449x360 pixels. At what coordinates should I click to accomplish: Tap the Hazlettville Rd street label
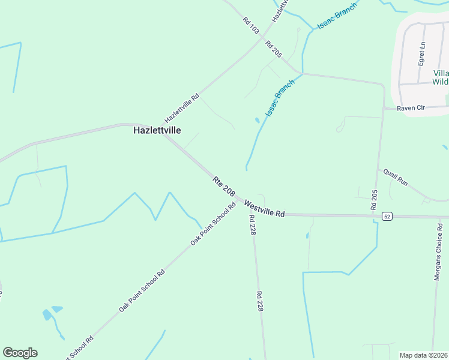(182, 109)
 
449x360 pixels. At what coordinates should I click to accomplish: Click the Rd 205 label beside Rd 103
(273, 49)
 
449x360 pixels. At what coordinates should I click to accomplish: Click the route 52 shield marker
(387, 216)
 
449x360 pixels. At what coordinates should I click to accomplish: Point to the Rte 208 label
(223, 185)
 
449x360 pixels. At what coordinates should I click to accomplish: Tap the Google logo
(20, 353)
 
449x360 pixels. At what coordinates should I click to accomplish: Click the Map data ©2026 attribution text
(424, 355)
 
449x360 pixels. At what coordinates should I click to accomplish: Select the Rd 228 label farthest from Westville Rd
(260, 301)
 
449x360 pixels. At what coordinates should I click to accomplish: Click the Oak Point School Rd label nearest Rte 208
(213, 224)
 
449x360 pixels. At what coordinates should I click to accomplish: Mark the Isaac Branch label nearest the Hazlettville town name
(280, 98)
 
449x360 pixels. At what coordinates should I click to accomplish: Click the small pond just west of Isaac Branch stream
(258, 121)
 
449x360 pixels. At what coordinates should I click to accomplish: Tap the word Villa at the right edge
(441, 73)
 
